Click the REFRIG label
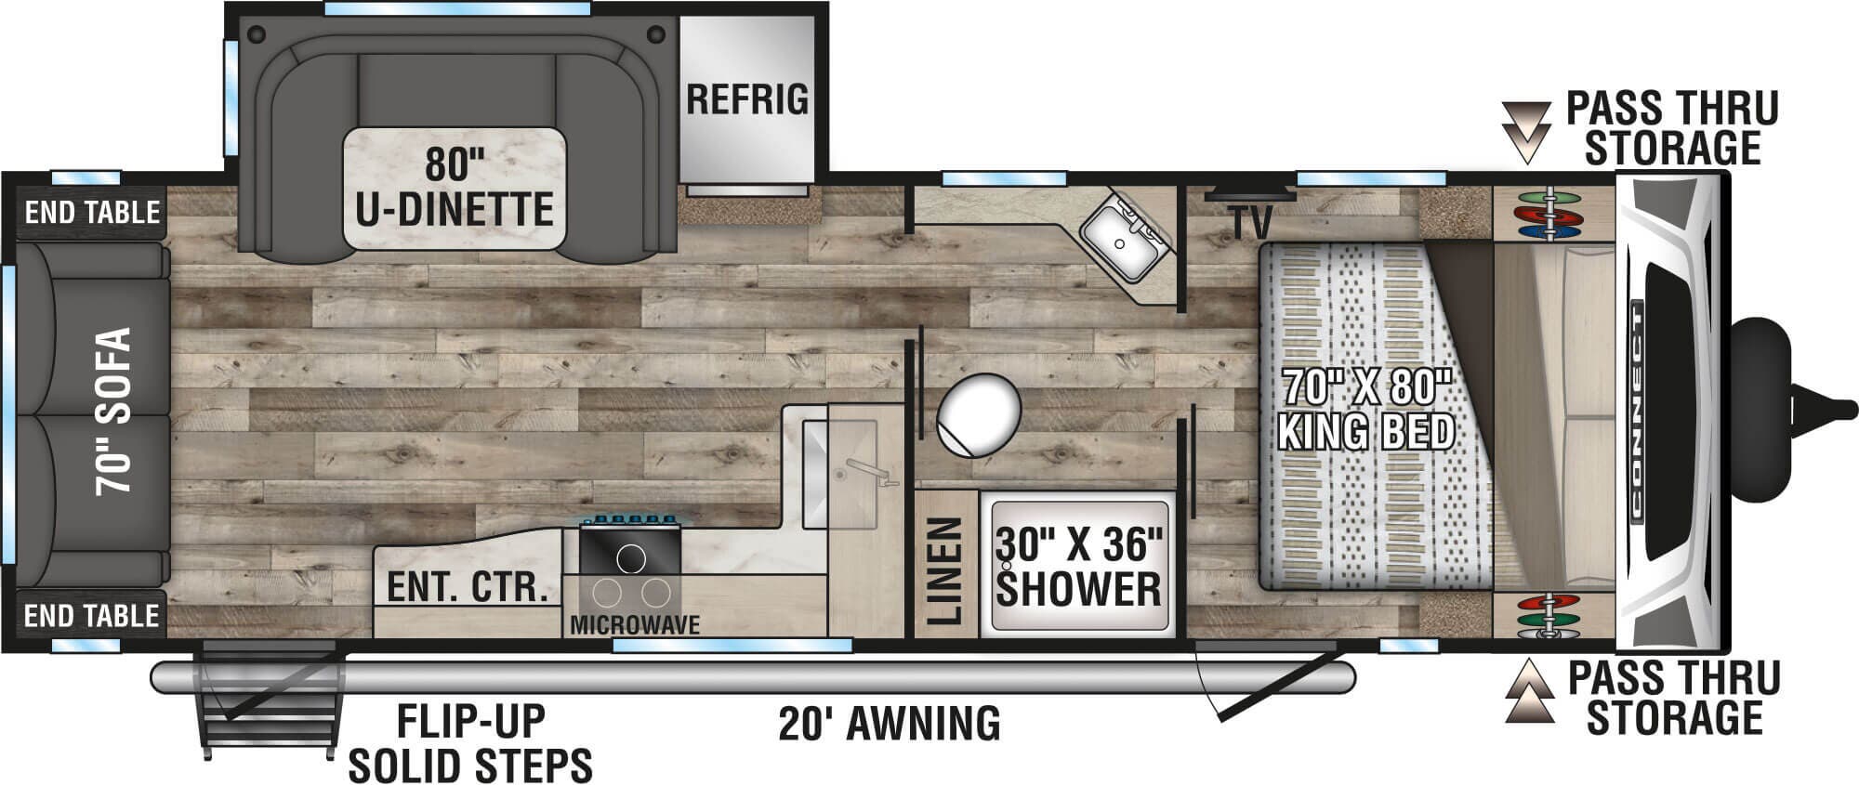pyautogui.click(x=747, y=98)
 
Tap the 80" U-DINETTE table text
pyautogui.click(x=455, y=187)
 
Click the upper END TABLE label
pyautogui.click(x=92, y=212)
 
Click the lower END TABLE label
pyautogui.click(x=92, y=615)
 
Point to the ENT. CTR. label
pyautogui.click(x=467, y=587)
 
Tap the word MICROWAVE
pyautogui.click(x=635, y=625)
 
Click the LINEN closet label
pyautogui.click(x=944, y=570)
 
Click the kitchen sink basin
pyautogui.click(x=840, y=475)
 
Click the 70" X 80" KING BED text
pyautogui.click(x=1366, y=409)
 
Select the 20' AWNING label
pyautogui.click(x=890, y=723)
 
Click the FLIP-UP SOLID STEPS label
pyautogui.click(x=470, y=743)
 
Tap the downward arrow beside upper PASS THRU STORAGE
pyautogui.click(x=1526, y=134)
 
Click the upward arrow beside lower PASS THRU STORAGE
pyautogui.click(x=1528, y=691)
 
